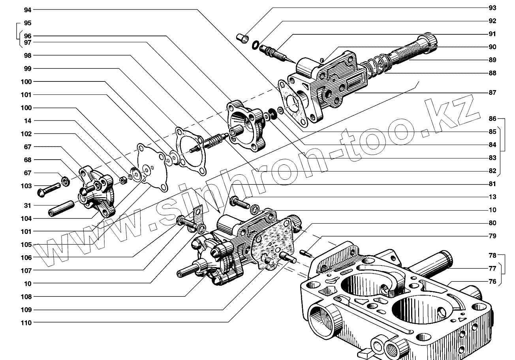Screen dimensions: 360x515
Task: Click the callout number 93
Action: [x=492, y=8]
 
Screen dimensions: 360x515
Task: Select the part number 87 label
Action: [x=492, y=92]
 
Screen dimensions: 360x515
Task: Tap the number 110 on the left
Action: [x=26, y=322]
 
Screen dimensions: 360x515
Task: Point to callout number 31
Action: [x=28, y=205]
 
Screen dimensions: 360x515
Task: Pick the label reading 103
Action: [x=26, y=186]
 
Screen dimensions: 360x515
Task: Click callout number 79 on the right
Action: [x=492, y=236]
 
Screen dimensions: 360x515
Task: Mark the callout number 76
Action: [x=492, y=281]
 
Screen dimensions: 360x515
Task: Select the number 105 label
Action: [x=26, y=245]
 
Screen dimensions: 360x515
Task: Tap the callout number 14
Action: [x=28, y=121]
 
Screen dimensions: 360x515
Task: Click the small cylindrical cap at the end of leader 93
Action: [x=242, y=38]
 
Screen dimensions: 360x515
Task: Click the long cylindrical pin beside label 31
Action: [x=62, y=208]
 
